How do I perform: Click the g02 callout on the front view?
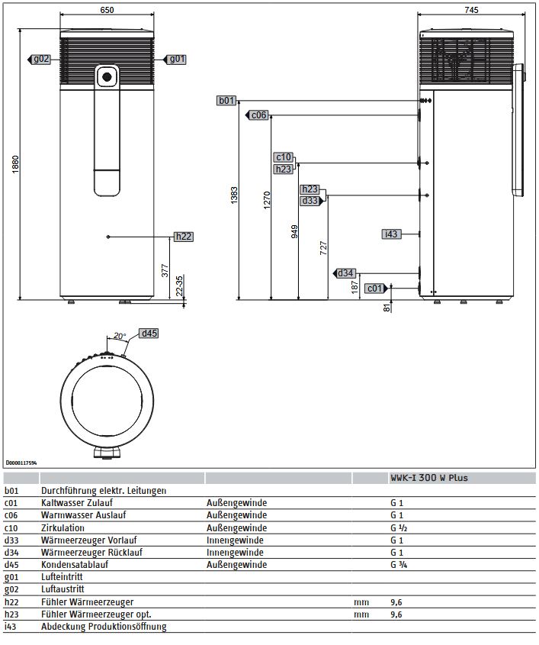click(40, 59)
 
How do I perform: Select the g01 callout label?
click(176, 59)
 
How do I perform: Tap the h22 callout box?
click(183, 237)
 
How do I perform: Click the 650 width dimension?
click(107, 10)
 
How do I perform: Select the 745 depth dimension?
click(470, 10)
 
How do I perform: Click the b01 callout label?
click(227, 101)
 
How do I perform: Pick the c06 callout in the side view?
click(258, 115)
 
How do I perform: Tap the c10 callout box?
click(284, 157)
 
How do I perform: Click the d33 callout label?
click(310, 201)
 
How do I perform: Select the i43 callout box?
click(391, 234)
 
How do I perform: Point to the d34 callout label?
click(345, 273)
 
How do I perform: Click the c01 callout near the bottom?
click(374, 288)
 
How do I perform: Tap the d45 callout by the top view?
click(149, 333)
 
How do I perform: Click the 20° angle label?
click(120, 336)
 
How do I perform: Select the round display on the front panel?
click(107, 76)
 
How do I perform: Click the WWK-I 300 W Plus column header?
click(429, 479)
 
